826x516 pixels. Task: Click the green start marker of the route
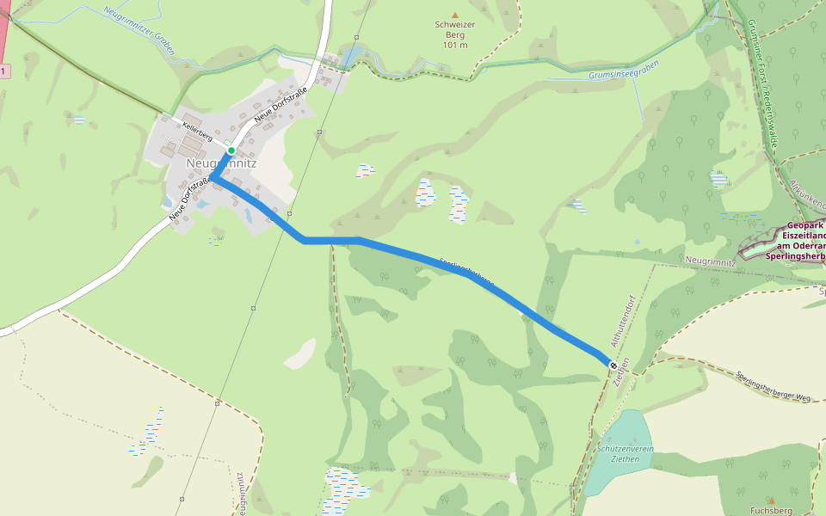[231, 150]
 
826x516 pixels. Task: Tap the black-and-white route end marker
[613, 365]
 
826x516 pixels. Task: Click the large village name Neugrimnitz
[221, 163]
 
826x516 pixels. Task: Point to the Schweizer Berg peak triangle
[455, 15]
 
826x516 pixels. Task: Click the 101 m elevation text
[455, 45]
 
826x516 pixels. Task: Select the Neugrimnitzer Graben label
[139, 31]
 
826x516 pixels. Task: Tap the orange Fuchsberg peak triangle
[771, 499]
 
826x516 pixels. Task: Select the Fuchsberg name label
[771, 510]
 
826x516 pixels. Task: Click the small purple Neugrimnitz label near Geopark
[711, 261]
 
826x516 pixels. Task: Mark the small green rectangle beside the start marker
[226, 143]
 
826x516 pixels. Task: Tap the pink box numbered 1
[4, 71]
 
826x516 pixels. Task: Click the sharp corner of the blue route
[213, 180]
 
